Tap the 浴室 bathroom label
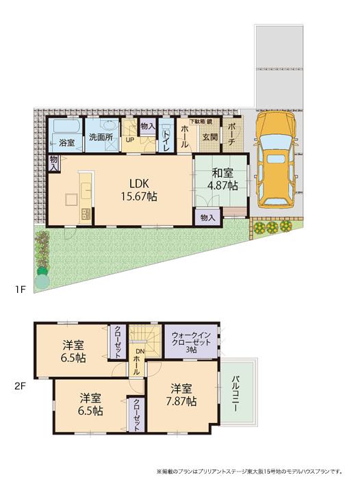pyautogui.click(x=66, y=143)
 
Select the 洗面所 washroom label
pyautogui.click(x=100, y=137)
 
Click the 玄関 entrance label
pyautogui.click(x=209, y=136)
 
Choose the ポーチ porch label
pyautogui.click(x=231, y=135)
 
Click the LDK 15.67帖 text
pyautogui.click(x=140, y=190)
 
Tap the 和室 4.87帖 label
pyautogui.click(x=223, y=179)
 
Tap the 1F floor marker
pyautogui.click(x=21, y=289)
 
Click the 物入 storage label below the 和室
pyautogui.click(x=208, y=217)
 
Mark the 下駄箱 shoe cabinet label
pyautogui.click(x=198, y=121)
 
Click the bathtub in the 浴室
pyautogui.click(x=66, y=128)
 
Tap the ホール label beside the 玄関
pyautogui.click(x=185, y=136)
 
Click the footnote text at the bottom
pyautogui.click(x=249, y=472)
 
